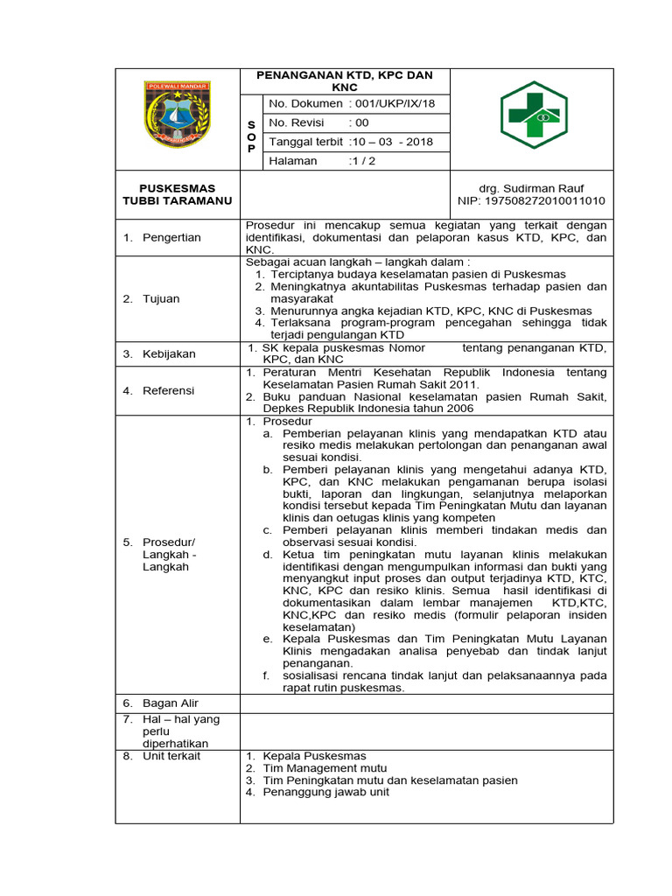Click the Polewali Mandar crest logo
[x=178, y=114]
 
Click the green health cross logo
[x=533, y=115]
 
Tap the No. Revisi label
[x=297, y=122]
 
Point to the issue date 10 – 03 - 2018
[x=392, y=142]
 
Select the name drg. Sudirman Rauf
[x=531, y=188]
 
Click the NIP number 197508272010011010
[x=531, y=201]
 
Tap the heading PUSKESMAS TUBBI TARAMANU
[x=178, y=194]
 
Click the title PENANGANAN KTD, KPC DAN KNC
[x=345, y=81]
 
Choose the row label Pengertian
[x=171, y=237]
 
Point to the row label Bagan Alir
[x=171, y=703]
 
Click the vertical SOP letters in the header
[x=251, y=136]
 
